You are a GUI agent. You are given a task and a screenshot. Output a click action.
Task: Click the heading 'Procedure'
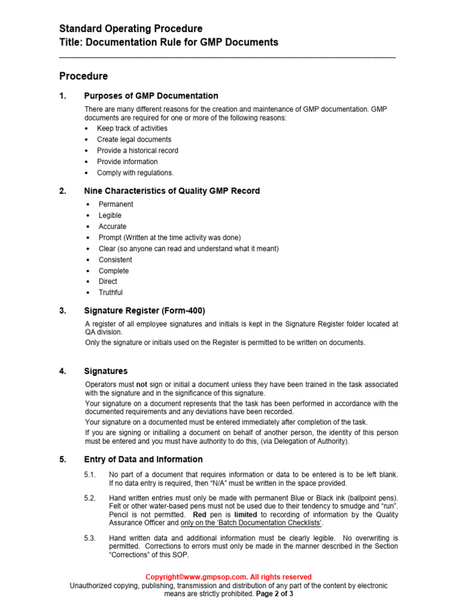(x=83, y=76)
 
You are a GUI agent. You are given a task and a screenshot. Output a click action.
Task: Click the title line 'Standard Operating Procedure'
(x=131, y=29)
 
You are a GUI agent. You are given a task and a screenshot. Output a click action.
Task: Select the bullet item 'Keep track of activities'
(x=132, y=128)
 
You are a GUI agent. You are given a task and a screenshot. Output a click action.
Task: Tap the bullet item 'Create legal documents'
(x=134, y=140)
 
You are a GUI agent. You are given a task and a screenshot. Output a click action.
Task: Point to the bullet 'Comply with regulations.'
(x=135, y=173)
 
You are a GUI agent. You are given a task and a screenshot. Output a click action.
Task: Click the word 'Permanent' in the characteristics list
(x=116, y=204)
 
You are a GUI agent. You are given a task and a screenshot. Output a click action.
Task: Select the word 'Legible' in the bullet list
(x=110, y=215)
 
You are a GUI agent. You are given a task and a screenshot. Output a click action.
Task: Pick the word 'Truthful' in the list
(x=110, y=292)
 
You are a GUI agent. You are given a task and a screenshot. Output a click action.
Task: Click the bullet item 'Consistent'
(x=115, y=260)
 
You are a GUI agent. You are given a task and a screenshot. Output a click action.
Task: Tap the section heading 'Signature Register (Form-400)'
(x=145, y=310)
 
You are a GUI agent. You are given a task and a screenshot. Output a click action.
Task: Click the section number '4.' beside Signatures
(x=63, y=371)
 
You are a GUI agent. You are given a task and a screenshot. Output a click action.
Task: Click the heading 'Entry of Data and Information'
(x=143, y=459)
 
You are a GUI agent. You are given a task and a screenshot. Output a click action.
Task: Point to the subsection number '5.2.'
(x=90, y=498)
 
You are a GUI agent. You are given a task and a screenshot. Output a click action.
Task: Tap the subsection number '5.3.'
(x=90, y=538)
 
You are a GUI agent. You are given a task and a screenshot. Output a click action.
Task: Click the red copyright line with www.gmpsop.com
(x=228, y=577)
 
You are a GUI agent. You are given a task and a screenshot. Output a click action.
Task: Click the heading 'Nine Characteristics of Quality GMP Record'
(x=172, y=191)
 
